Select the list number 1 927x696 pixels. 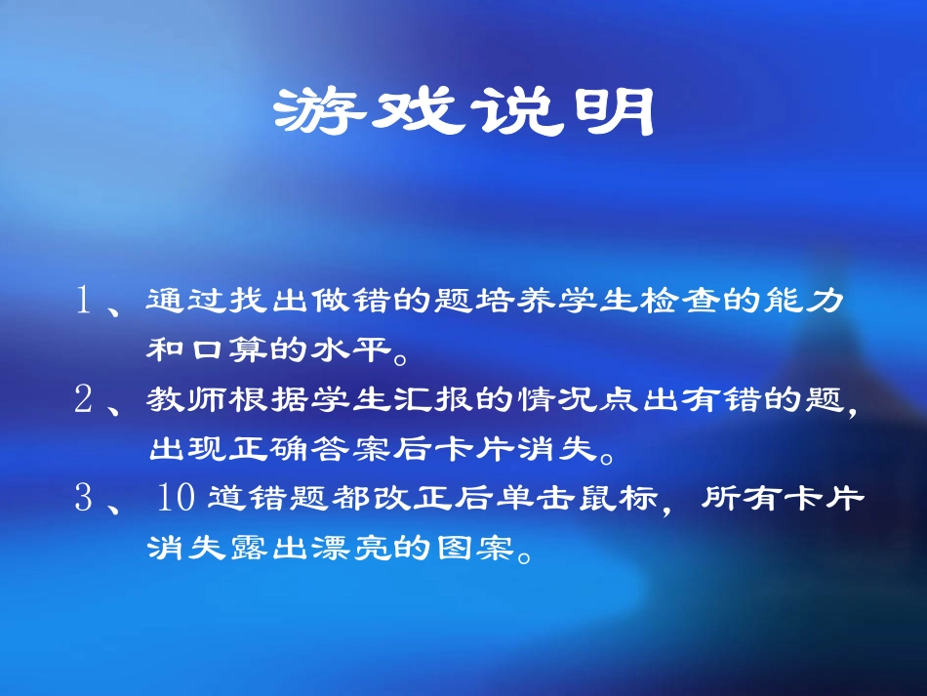coord(84,301)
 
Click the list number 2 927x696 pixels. coord(84,399)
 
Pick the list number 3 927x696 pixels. coord(84,498)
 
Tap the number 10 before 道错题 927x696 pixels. coord(177,498)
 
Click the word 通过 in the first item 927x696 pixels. coord(178,301)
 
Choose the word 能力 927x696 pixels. coord(816,301)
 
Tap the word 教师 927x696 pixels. coord(178,399)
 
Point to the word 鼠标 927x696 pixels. coord(625,499)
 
